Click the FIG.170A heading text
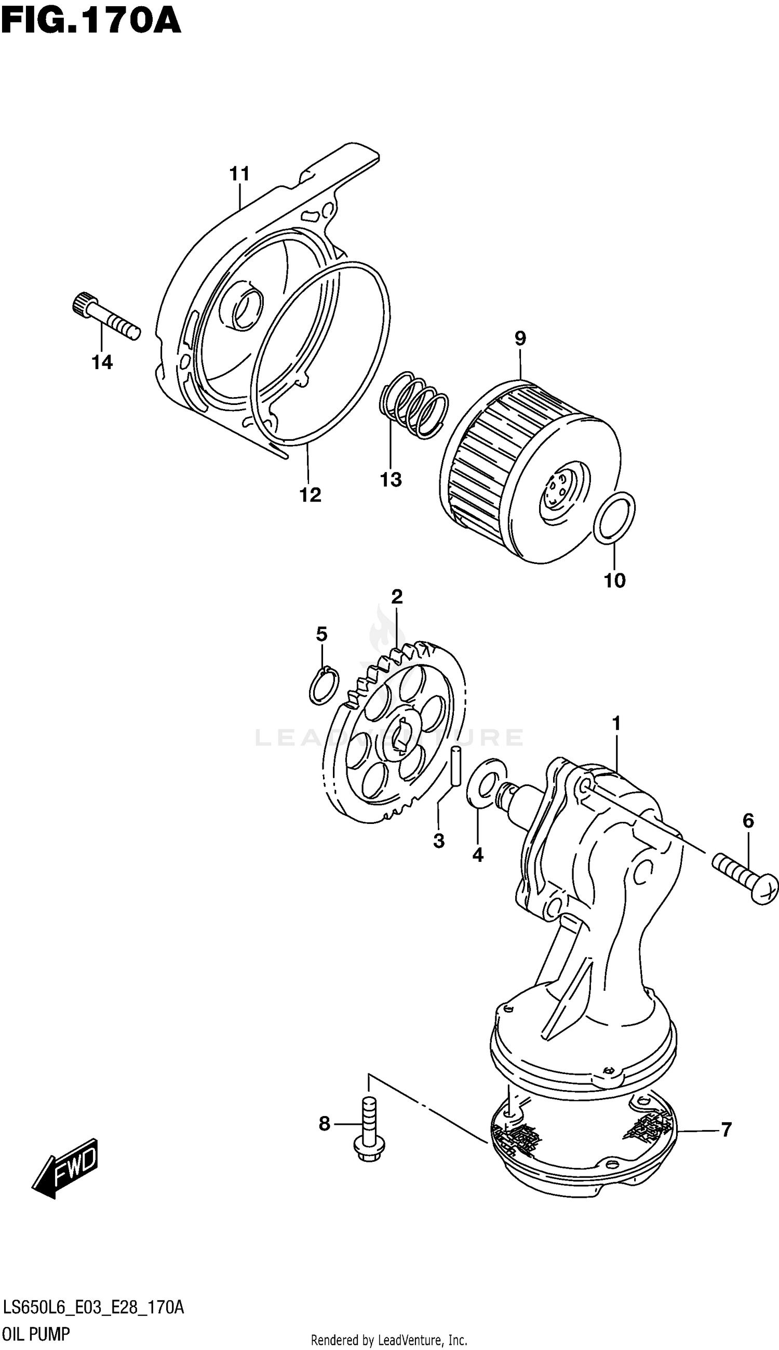[x=91, y=21]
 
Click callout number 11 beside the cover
[x=240, y=174]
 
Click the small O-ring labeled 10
[x=615, y=519]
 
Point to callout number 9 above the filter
[x=520, y=338]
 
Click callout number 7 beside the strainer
[x=726, y=1130]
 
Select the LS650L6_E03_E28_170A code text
[x=93, y=1308]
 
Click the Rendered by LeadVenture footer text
[x=389, y=1340]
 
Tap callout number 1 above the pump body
[x=616, y=724]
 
